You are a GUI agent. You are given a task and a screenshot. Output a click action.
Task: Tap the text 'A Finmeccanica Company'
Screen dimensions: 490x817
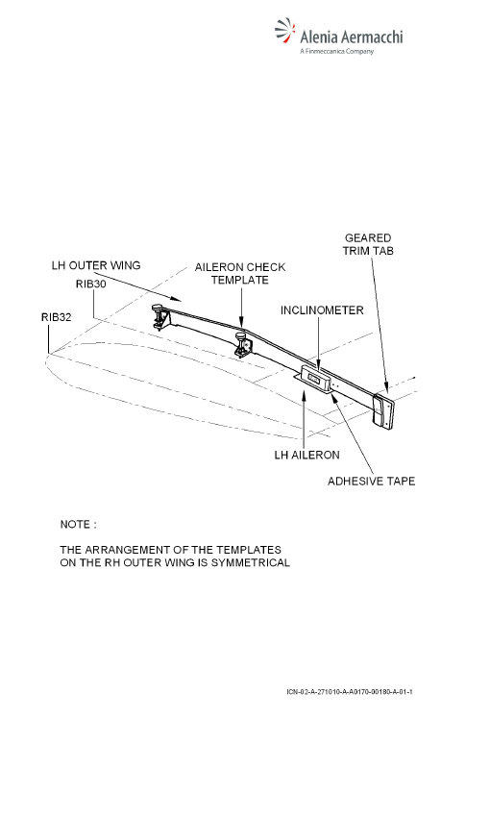337,51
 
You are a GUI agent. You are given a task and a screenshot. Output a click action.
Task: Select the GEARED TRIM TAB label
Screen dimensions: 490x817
368,244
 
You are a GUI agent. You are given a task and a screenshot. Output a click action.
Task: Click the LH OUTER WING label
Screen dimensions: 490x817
96,265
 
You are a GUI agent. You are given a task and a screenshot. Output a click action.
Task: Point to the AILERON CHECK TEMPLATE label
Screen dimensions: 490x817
240,274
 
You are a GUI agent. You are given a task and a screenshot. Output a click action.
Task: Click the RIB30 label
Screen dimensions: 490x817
91,284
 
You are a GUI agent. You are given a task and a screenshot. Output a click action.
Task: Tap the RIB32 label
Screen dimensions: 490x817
57,317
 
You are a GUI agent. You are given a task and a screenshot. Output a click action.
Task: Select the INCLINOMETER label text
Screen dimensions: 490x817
322,310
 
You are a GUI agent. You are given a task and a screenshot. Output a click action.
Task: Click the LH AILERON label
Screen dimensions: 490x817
306,455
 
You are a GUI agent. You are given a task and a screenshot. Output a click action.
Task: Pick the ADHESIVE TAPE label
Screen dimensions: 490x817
371,481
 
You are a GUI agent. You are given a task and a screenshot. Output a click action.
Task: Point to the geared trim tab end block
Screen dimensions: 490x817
383,411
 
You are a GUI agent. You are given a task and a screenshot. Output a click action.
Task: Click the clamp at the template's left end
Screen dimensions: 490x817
158,316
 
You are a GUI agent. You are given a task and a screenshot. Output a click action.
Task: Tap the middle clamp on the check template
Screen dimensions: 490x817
242,343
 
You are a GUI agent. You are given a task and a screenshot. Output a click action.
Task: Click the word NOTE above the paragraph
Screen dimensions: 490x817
76,524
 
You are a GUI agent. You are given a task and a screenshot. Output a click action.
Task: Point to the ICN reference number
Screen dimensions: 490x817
350,692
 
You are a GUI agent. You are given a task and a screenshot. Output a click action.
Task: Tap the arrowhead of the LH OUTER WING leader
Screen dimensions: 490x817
176,299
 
